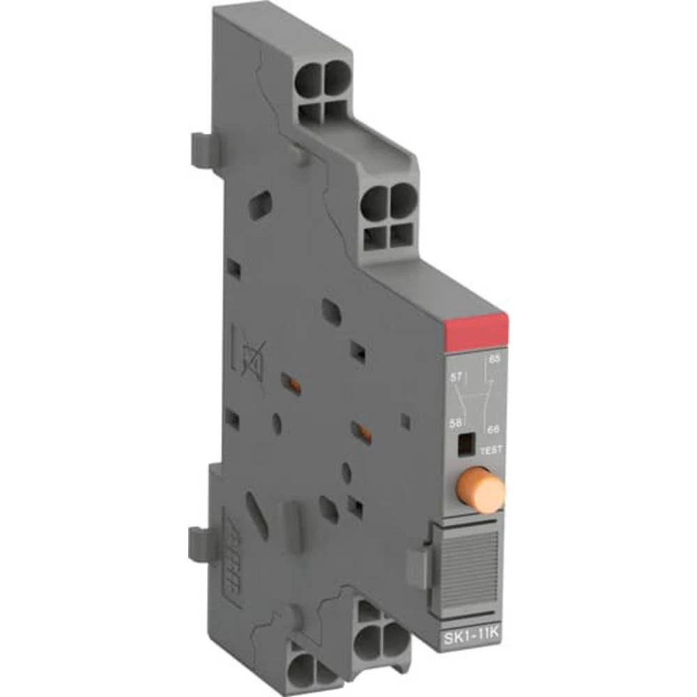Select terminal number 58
(458, 422)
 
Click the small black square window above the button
(461, 444)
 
